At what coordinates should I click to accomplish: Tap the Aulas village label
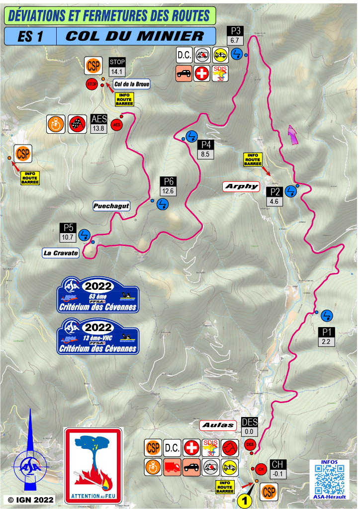click(218, 425)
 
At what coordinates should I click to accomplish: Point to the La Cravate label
click(61, 253)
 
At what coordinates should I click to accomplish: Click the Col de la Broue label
click(131, 84)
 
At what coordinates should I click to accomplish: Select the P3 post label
click(235, 29)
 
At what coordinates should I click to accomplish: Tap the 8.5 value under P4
click(205, 155)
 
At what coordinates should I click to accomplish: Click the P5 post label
click(68, 228)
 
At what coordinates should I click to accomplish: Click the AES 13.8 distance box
click(99, 128)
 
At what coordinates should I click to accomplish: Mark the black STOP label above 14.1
click(117, 62)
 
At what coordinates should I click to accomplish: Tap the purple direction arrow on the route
click(293, 135)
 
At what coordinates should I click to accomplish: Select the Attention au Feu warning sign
click(93, 465)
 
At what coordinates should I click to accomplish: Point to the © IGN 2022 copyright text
click(31, 499)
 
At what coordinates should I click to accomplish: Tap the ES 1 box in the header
click(29, 36)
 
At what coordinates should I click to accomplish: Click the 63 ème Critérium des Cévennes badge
click(98, 295)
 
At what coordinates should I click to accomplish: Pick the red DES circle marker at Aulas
click(250, 444)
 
